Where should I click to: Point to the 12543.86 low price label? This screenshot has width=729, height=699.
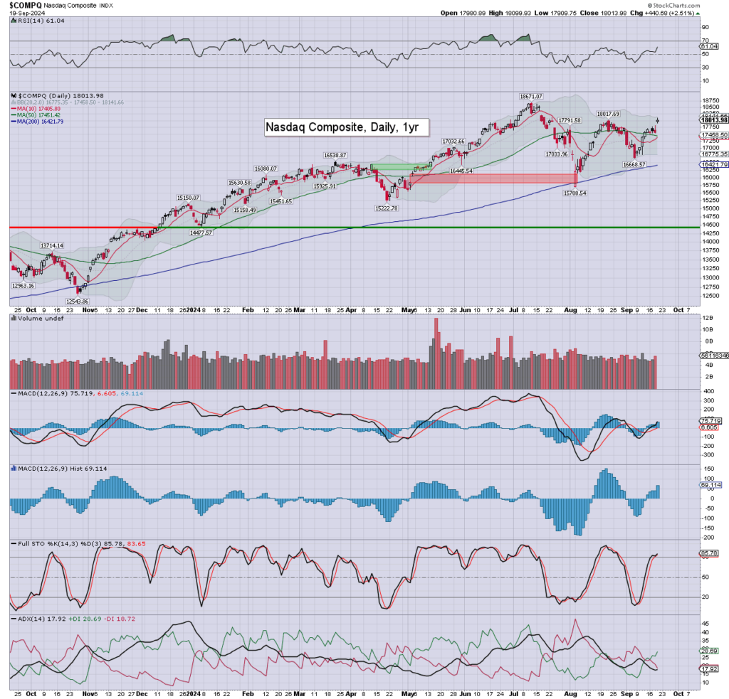click(x=59, y=302)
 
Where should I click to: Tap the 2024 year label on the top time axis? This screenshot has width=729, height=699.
click(x=193, y=310)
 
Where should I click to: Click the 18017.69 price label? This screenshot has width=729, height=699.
click(x=608, y=114)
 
